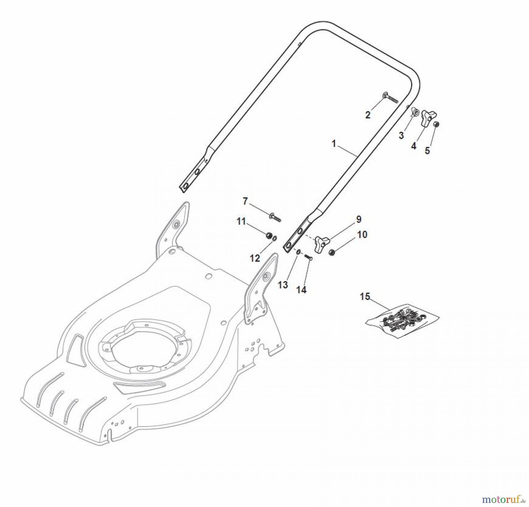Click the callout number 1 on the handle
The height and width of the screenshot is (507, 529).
(x=334, y=144)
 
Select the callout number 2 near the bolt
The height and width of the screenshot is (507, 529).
(x=368, y=115)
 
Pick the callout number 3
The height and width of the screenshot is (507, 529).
(x=401, y=136)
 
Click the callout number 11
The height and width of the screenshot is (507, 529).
(x=241, y=221)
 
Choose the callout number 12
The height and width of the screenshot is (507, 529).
(x=255, y=258)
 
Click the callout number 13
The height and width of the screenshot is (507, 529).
(x=283, y=285)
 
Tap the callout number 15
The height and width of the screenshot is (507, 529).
(x=365, y=297)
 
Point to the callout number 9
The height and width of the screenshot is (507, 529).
(x=359, y=219)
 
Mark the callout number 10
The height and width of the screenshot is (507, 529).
(x=362, y=235)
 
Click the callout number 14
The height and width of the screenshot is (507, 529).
(x=301, y=290)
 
